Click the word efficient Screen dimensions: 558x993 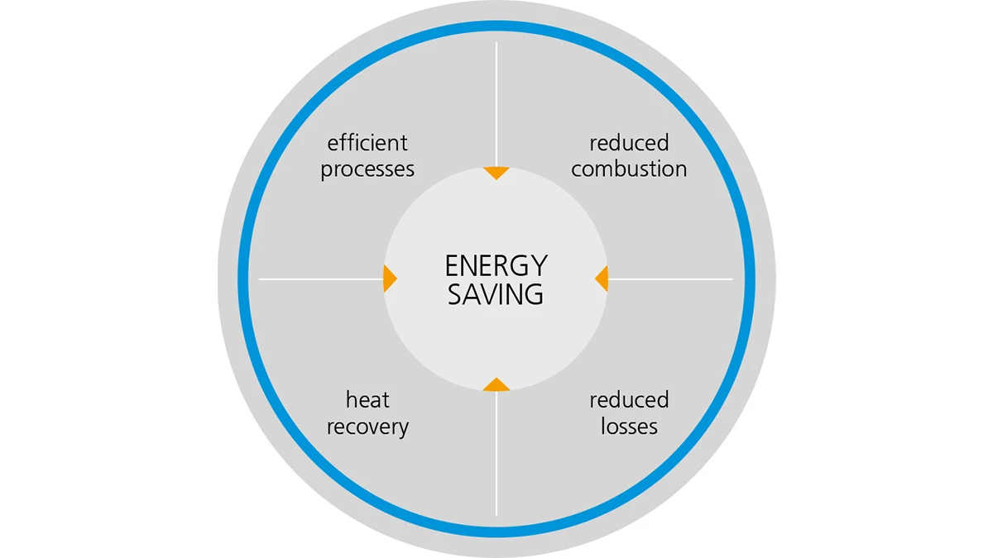coord(367,143)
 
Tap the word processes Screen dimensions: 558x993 coord(367,169)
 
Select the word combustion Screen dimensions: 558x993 coord(629,169)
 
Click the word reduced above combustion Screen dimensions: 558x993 coord(629,143)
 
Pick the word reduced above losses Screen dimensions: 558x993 coord(629,400)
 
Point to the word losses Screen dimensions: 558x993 coord(629,427)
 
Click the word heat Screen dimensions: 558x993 coord(367,400)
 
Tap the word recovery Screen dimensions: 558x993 coord(367,427)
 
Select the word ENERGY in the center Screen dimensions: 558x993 coord(496,266)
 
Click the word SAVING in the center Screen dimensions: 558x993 coord(496,294)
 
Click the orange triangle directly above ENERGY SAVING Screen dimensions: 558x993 coord(496,172)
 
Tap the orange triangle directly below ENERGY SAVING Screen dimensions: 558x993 coord(496,384)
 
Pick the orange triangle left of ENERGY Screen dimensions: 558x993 coord(389,279)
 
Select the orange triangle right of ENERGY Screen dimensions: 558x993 coord(602,279)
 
